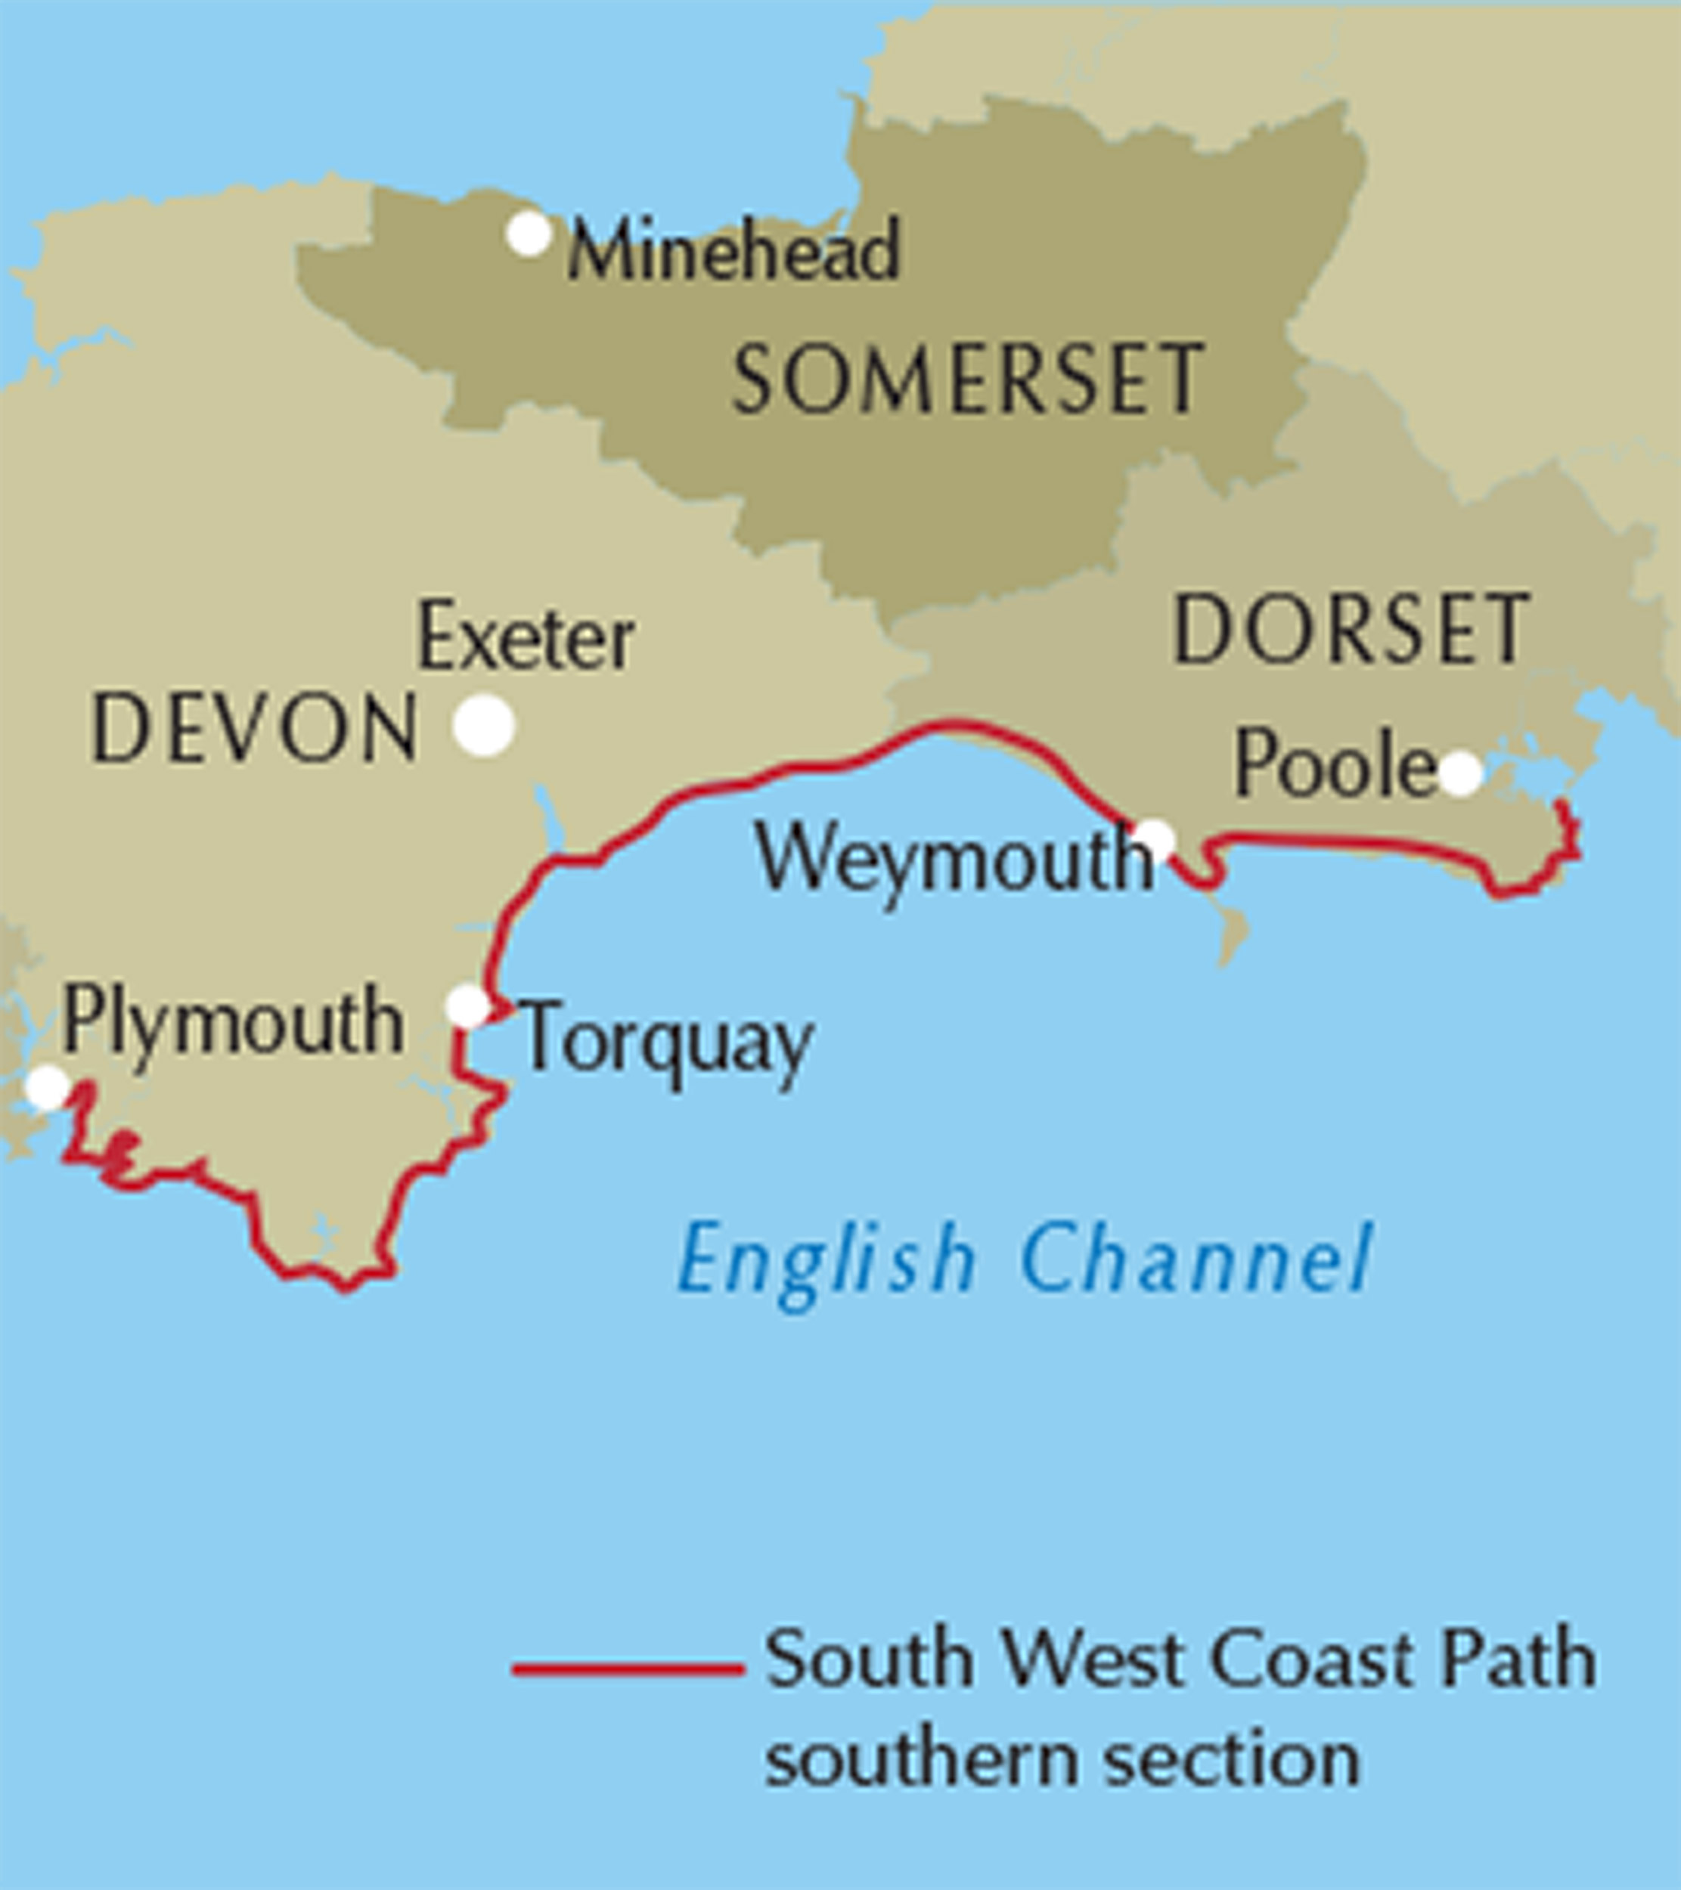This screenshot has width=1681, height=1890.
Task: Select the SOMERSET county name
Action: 968,379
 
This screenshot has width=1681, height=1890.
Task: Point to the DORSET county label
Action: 1351,630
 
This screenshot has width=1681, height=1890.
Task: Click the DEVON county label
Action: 255,730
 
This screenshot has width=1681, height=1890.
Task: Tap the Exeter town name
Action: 526,638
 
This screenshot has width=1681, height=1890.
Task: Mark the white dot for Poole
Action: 1460,773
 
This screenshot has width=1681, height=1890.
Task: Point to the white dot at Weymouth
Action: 1155,841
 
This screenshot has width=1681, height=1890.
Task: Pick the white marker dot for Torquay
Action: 468,1006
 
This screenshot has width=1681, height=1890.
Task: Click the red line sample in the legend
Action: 628,1669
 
